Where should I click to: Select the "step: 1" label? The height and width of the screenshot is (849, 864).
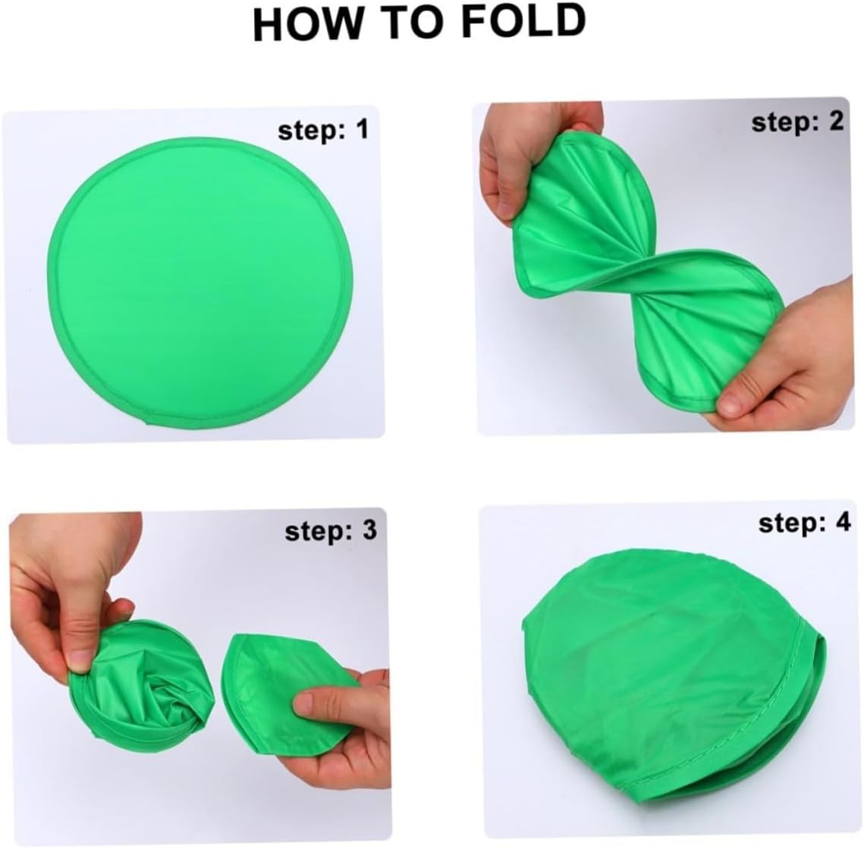323,130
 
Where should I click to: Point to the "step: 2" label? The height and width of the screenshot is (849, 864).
797,121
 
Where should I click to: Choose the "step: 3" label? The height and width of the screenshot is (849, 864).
331,530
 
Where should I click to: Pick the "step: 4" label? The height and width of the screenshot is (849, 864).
805,522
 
